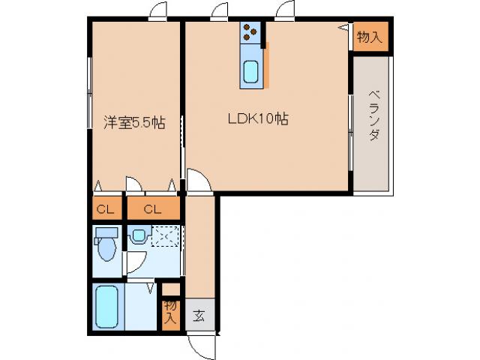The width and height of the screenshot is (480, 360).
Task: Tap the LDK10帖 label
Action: coord(259,118)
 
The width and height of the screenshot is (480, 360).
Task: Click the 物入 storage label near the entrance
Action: coord(171,310)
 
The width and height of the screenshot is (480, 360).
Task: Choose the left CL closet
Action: coord(105,208)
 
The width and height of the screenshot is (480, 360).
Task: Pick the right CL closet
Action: coord(153,208)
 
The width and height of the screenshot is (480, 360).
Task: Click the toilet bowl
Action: coord(106,249)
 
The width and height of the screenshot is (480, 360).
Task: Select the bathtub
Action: coord(108,307)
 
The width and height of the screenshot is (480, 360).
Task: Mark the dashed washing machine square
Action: coord(164,237)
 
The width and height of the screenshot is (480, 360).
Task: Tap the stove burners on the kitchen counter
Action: coord(250,32)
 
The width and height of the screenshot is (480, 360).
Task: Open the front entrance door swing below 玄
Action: coord(201,343)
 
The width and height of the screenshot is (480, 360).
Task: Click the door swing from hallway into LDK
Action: coord(198,181)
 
